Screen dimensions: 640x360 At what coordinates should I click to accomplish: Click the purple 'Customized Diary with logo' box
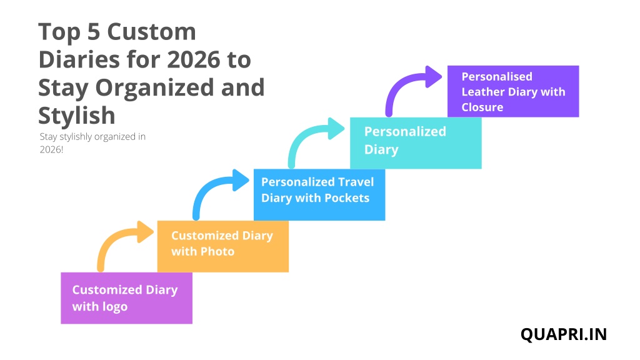click(126, 298)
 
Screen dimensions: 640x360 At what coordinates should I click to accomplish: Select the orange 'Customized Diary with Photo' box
click(223, 246)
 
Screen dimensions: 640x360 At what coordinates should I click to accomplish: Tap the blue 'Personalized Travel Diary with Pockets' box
click(319, 195)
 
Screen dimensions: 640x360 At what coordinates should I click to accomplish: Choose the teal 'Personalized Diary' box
click(416, 143)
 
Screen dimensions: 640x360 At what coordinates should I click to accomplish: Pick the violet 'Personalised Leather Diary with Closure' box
click(513, 91)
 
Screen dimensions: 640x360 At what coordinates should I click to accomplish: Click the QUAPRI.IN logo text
click(564, 334)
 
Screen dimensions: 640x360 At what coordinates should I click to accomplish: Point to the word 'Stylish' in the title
click(77, 116)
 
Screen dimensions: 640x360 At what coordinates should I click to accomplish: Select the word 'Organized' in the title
click(155, 87)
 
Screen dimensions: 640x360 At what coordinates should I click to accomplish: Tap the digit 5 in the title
click(94, 32)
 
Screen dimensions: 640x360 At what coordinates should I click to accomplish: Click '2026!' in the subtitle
click(51, 149)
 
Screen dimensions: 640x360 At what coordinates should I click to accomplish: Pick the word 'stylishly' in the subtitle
click(77, 137)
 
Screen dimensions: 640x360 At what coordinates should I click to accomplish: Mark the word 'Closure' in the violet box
click(482, 107)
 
